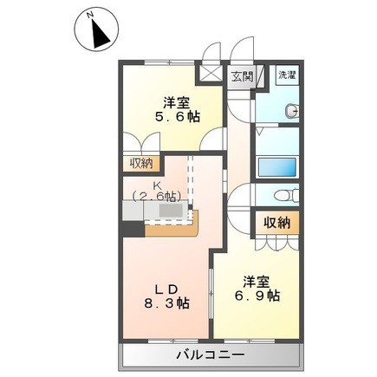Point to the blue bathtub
[278, 164]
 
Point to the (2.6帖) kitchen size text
[157, 198]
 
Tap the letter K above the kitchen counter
[157, 185]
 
